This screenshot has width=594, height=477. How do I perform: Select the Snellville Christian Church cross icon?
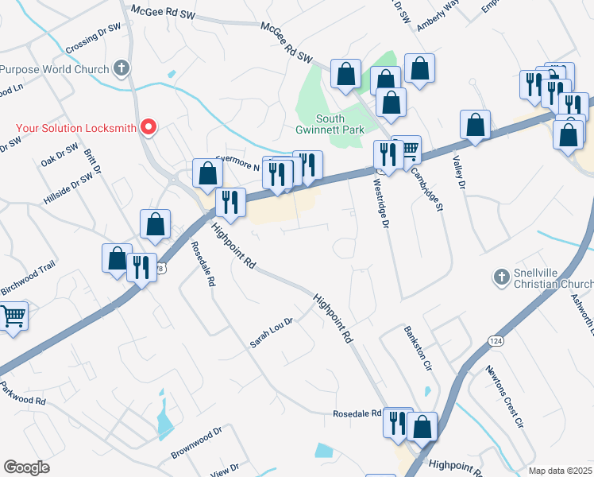tap(500, 277)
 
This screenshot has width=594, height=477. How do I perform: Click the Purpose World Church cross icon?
tap(121, 68)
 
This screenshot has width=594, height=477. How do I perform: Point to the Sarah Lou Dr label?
tap(272, 332)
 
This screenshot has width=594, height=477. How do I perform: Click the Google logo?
tap(26, 467)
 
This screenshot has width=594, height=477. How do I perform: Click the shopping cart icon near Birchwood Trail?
tap(13, 316)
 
